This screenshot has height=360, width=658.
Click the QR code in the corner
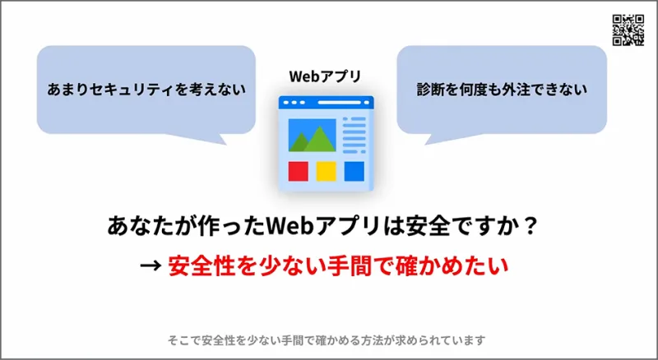tap(628, 30)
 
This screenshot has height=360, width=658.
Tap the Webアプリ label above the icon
tap(325, 76)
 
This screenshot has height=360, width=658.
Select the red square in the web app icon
tap(299, 171)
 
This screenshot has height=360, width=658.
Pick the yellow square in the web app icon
tap(326, 171)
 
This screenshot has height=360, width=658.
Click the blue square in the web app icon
tap(354, 171)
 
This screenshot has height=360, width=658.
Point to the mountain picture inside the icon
tap(313, 135)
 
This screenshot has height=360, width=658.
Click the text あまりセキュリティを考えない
tap(146, 90)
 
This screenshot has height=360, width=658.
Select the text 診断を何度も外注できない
tap(502, 90)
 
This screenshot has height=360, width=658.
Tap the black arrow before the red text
tap(151, 265)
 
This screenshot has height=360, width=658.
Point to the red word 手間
tap(349, 265)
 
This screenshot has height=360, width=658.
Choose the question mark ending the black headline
tap(531, 226)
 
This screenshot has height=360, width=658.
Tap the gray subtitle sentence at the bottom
tap(327, 339)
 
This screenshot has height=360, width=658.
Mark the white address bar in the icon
tap(339, 103)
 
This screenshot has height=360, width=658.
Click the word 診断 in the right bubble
tap(431, 90)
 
